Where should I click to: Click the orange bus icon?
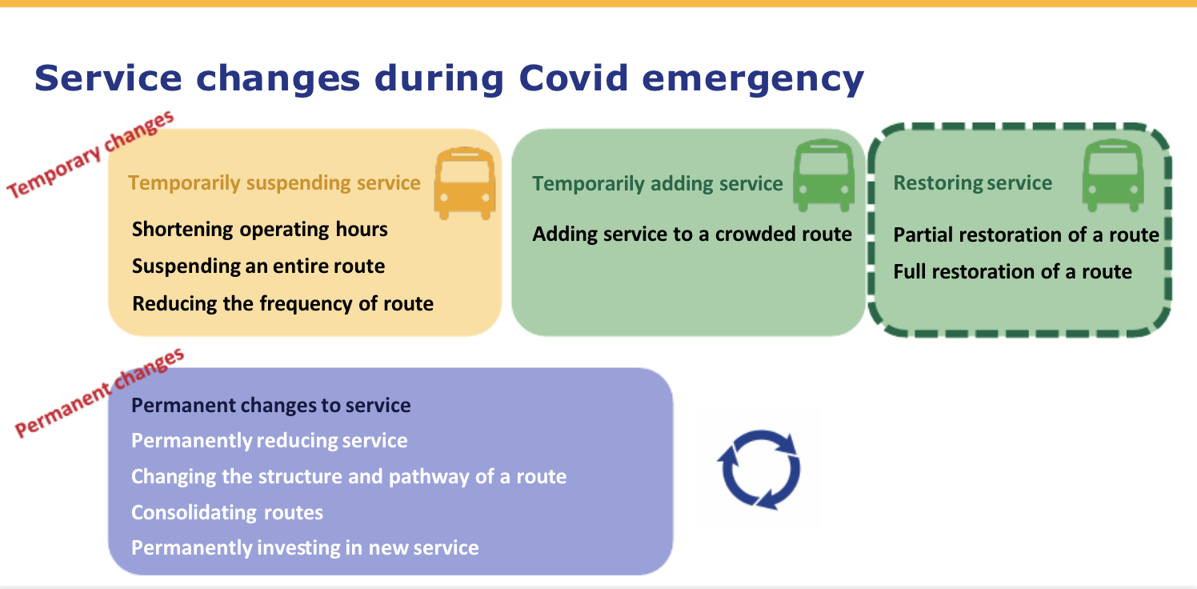coord(464,183)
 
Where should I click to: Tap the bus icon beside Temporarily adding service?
coord(823,176)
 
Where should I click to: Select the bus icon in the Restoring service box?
coord(1112,176)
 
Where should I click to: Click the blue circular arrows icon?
coord(759,470)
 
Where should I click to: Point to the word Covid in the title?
coord(574,78)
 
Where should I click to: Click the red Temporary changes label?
coord(90,154)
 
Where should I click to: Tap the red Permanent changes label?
coord(99,392)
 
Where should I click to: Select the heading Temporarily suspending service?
coord(274,182)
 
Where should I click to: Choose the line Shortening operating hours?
coord(260,230)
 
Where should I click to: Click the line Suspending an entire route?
coord(258,266)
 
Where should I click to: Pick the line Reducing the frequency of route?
coord(282,303)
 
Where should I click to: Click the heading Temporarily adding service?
coord(657,184)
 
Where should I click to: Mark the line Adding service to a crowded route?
coord(692,234)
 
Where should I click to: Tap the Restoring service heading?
coord(973,182)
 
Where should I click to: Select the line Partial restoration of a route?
coord(1026,234)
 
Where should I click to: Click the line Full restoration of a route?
coord(1013,271)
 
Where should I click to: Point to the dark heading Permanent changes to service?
coord(271,405)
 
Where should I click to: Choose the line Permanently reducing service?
coord(270,441)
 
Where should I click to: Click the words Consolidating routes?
coord(227,512)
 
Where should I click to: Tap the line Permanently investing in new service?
coord(305,548)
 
